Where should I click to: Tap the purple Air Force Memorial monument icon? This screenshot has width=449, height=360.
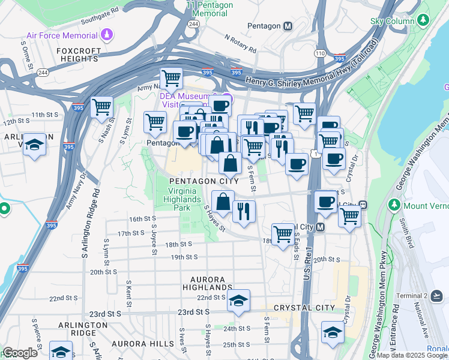(x=107, y=34)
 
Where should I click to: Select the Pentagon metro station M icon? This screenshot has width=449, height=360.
(x=288, y=26)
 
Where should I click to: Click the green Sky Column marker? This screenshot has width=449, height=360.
(x=424, y=21)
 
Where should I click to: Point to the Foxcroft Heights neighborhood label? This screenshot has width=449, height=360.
(x=78, y=55)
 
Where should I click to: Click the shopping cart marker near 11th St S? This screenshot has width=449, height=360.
(x=101, y=107)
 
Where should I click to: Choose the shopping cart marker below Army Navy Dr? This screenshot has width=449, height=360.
(x=172, y=77)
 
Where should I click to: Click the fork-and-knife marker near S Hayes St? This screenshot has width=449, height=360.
(x=244, y=211)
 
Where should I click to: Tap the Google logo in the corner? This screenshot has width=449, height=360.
(x=20, y=353)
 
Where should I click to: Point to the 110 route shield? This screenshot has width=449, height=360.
(x=320, y=53)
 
